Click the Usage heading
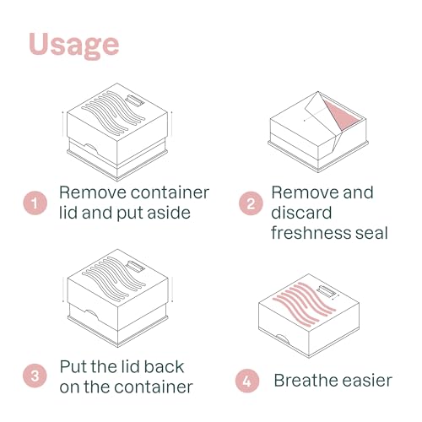tap(73, 45)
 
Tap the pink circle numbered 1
tap(35, 203)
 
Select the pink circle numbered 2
tap(251, 203)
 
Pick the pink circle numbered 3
tap(35, 376)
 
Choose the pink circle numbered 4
tap(247, 381)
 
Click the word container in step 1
tap(170, 192)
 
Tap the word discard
tap(301, 213)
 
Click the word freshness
tap(311, 233)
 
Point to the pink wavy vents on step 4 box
tap(305, 304)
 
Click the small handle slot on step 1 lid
tap(136, 100)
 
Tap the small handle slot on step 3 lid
tap(136, 266)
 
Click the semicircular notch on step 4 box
tap(282, 338)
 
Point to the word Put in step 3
tap(72, 366)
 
